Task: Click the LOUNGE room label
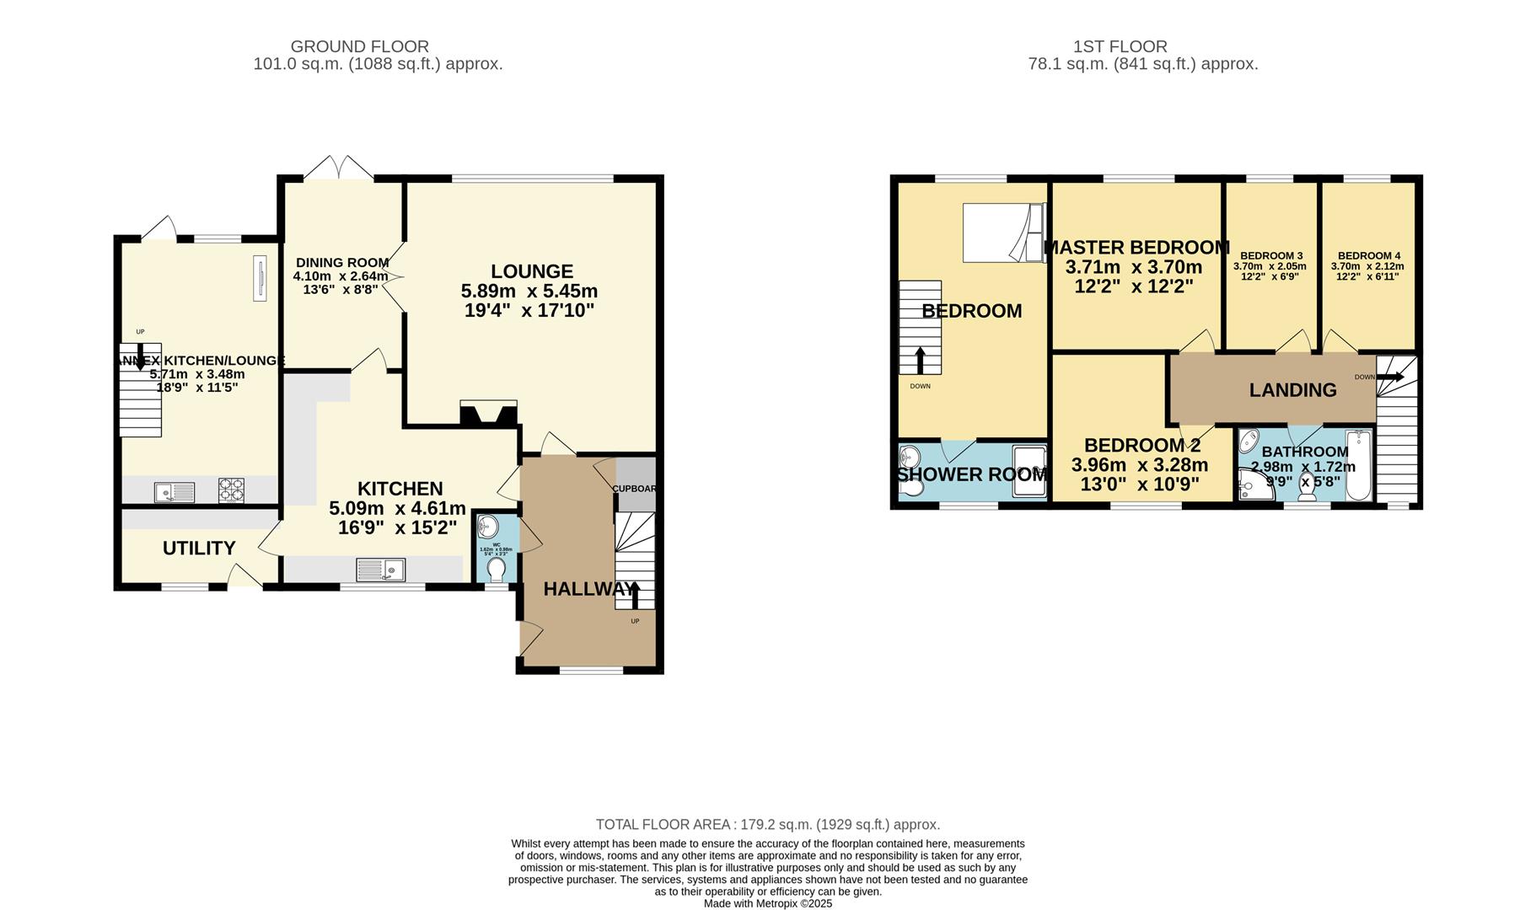(532, 271)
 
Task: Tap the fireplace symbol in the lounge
(488, 413)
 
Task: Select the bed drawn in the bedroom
(1004, 232)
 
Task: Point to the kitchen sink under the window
(381, 570)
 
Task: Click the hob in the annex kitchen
(232, 490)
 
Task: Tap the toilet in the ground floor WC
(497, 570)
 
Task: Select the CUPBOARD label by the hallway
(634, 489)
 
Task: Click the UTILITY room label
(199, 549)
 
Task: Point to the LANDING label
(1292, 390)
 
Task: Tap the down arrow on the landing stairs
(1391, 377)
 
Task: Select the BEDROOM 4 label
(1369, 256)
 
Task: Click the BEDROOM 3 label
(1271, 256)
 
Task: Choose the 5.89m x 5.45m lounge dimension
(529, 292)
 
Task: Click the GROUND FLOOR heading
(360, 46)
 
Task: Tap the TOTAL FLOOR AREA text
(767, 825)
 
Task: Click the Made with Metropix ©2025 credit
(768, 903)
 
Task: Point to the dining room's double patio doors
(339, 168)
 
